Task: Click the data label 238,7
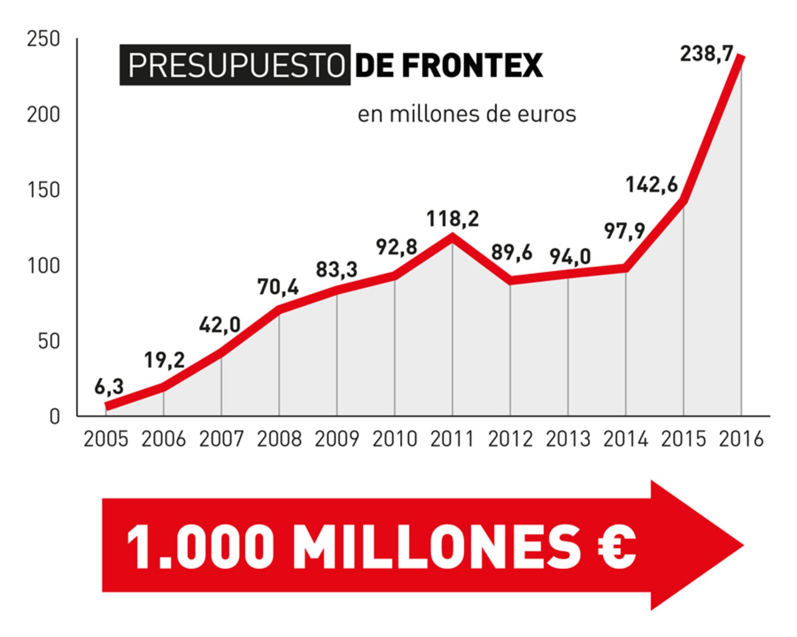(706, 54)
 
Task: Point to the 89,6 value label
(512, 253)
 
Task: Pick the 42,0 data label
(220, 325)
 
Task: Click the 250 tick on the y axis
(43, 39)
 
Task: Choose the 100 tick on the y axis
(43, 266)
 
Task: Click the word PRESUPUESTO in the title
(236, 65)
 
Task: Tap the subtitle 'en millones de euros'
(467, 114)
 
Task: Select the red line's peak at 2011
(453, 237)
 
